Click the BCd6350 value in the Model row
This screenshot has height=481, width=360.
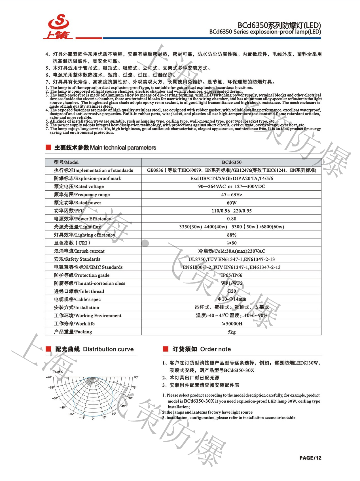click(x=231, y=162)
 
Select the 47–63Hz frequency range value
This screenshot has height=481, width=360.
click(x=231, y=195)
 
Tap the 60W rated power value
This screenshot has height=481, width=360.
click(x=231, y=203)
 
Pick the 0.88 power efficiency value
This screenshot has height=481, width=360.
click(x=231, y=219)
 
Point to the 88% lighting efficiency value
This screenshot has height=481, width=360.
click(x=231, y=235)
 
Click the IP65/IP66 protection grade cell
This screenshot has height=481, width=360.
click(x=231, y=275)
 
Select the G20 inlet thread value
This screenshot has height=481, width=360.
click(x=231, y=291)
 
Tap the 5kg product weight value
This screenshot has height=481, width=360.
click(x=231, y=332)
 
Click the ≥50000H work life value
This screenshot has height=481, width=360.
click(x=231, y=323)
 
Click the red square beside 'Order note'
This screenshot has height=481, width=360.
click(x=166, y=349)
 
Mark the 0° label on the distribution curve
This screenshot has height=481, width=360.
click(x=93, y=418)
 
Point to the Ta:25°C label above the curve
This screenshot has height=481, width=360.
click(x=58, y=372)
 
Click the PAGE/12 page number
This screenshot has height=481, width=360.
click(x=310, y=458)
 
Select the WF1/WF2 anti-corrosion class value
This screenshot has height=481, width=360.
click(x=231, y=283)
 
